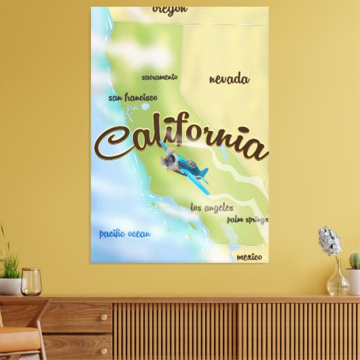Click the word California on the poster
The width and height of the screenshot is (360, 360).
pos(180,141)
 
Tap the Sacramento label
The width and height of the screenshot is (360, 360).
pos(160,77)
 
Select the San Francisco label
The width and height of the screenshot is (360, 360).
pos(132,98)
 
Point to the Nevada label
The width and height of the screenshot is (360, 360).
pos(229,79)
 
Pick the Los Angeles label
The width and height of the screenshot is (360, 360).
pos(212,208)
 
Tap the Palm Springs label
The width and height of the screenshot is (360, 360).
pos(247,219)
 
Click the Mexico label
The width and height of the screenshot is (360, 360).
pos(249,257)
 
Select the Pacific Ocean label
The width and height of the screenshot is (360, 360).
pos(125,234)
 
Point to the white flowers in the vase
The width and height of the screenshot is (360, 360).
pos(330,241)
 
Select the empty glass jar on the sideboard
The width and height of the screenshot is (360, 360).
pos(31,281)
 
